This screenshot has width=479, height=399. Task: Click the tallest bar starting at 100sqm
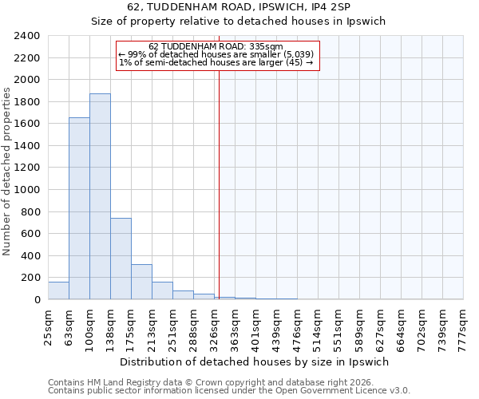tap(100, 196)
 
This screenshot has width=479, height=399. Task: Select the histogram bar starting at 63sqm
tap(79, 208)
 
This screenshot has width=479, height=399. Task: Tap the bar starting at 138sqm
tap(121, 259)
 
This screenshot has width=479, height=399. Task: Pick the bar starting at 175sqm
tap(141, 282)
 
